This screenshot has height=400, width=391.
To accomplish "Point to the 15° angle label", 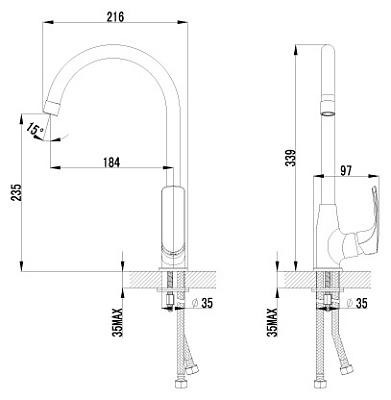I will pos(33,130).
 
